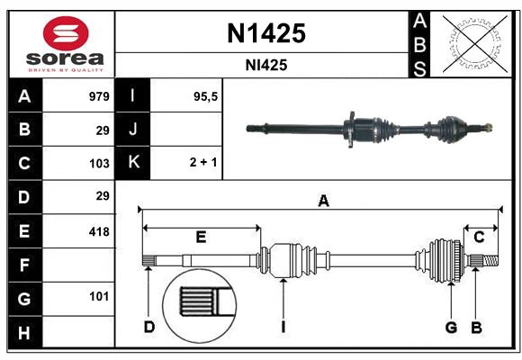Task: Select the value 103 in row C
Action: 100,164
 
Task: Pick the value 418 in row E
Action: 100,231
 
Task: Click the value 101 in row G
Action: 100,296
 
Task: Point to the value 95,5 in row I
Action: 206,96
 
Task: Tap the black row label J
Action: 133,130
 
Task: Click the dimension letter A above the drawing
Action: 323,202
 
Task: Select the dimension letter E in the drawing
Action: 201,238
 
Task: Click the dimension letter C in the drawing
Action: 479,238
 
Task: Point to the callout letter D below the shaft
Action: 148,327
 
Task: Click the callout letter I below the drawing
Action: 283,327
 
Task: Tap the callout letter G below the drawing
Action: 451,327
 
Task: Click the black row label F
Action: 24,265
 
